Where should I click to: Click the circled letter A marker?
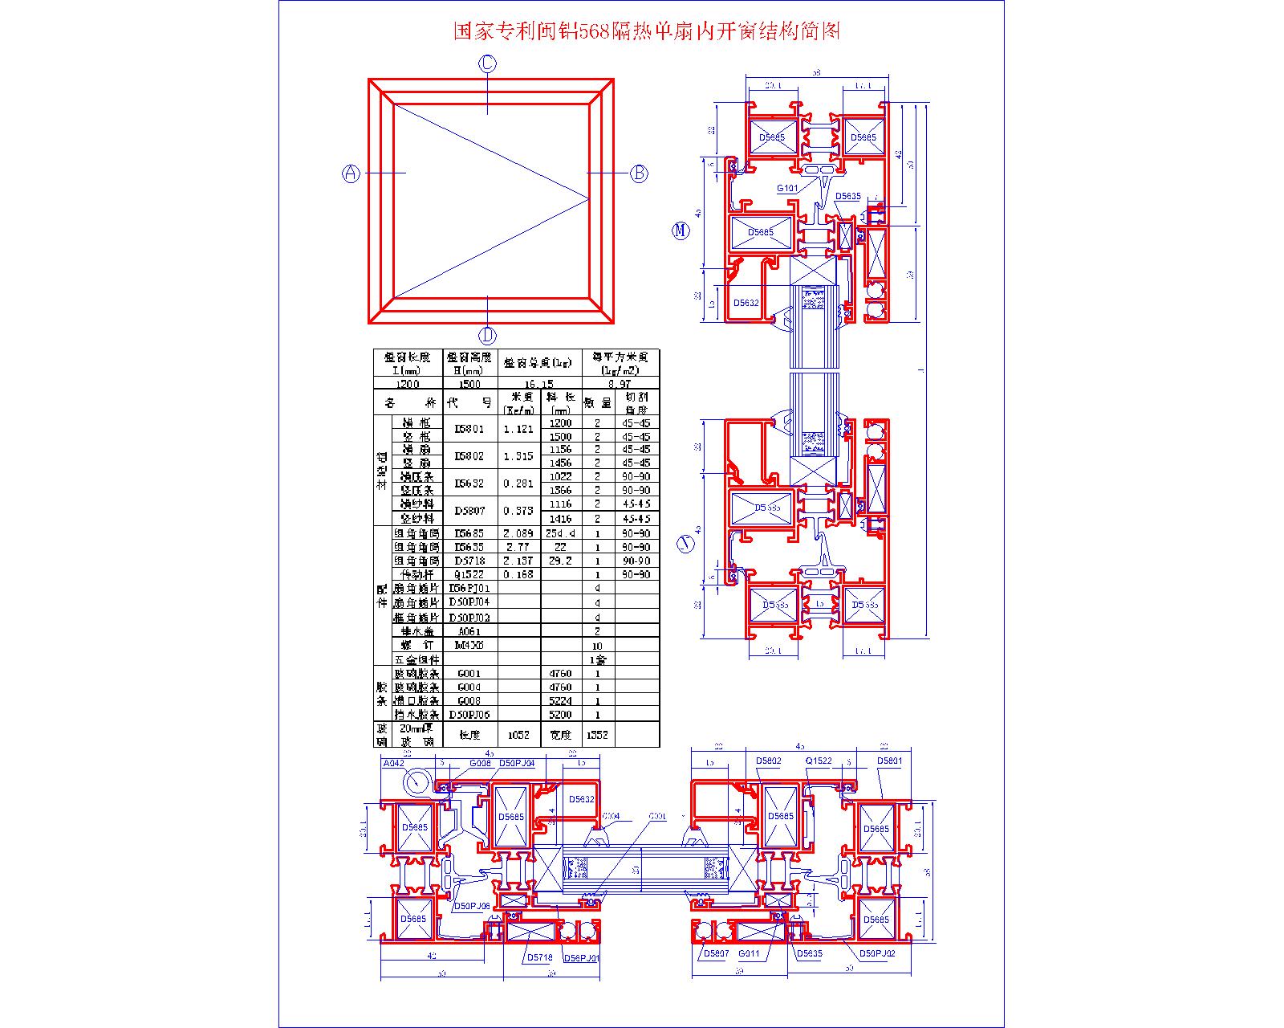click(351, 173)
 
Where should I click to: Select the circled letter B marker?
click(639, 173)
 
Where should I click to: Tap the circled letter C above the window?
click(488, 63)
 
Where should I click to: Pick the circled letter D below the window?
click(488, 336)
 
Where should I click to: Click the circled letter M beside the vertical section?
click(680, 231)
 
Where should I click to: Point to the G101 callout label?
click(786, 189)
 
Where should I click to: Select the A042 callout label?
click(393, 763)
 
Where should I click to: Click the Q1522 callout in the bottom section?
click(819, 761)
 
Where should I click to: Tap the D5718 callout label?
click(539, 957)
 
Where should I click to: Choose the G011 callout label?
click(749, 954)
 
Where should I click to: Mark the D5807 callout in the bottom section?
click(715, 954)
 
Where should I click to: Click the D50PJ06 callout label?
click(471, 905)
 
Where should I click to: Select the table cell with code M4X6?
click(469, 645)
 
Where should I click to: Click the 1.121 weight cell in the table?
click(518, 430)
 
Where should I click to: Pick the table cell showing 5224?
click(560, 701)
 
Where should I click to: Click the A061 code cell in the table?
click(469, 631)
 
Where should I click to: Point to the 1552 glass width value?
click(597, 735)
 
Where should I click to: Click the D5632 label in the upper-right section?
click(746, 303)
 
